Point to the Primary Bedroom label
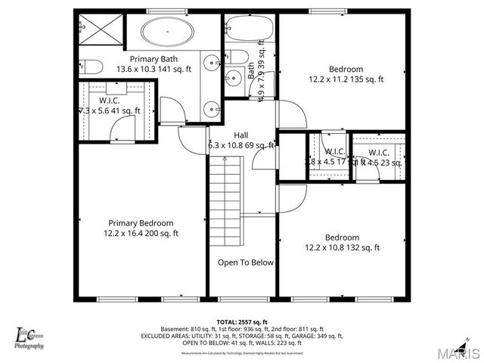141,223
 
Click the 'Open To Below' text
246,263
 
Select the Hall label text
240,135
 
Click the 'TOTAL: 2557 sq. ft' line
242,322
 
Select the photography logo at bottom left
30,337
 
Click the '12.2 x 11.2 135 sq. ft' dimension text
346,79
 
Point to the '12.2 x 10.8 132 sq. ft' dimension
342,247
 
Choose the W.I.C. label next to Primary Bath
110,100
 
